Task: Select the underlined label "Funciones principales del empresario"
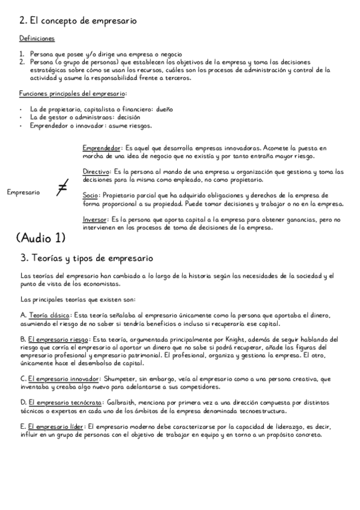[72, 93]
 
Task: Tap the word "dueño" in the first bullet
[164, 109]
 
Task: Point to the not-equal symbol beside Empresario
[61, 189]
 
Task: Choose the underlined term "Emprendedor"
[102, 147]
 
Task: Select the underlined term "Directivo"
[96, 171]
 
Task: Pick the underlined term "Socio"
[91, 195]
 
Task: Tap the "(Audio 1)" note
[41, 238]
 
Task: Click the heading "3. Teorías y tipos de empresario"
[87, 258]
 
